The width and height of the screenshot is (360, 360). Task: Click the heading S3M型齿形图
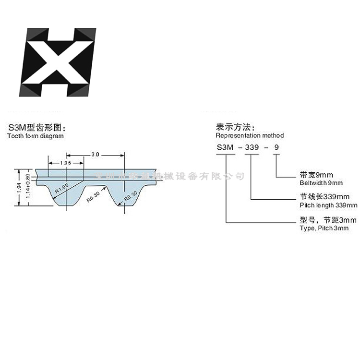pyautogui.click(x=36, y=128)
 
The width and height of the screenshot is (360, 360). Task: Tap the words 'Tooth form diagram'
pyautogui.click(x=35, y=136)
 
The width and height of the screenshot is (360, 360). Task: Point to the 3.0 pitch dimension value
pyautogui.click(x=95, y=154)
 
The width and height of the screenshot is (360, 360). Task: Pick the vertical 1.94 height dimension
pyautogui.click(x=19, y=187)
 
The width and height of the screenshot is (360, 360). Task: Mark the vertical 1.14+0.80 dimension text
pyautogui.click(x=27, y=187)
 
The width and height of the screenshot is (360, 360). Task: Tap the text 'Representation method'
pyautogui.click(x=250, y=135)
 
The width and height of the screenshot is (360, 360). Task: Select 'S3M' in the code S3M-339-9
pyautogui.click(x=225, y=148)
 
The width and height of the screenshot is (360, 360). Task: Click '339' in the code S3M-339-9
pyautogui.click(x=252, y=148)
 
